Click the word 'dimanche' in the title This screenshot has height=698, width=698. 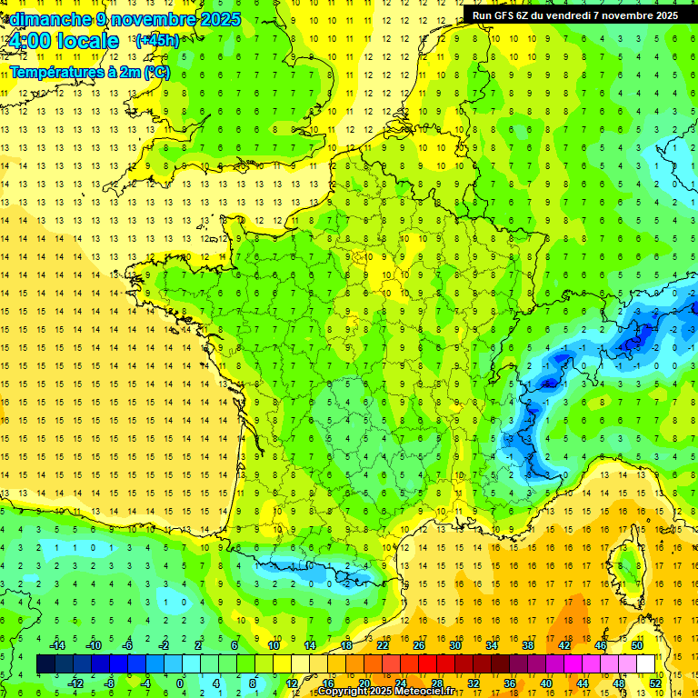tap(45, 19)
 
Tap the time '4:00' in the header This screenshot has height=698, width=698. tap(30, 41)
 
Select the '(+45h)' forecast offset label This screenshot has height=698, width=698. tap(156, 41)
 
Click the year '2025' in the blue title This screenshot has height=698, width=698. tap(220, 19)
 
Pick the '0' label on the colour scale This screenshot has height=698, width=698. tap(180, 683)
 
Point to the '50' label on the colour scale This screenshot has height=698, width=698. tap(637, 645)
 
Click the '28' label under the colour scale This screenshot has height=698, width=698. tap(437, 683)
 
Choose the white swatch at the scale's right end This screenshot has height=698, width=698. tap(646, 664)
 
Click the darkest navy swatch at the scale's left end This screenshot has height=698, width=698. tap(45, 664)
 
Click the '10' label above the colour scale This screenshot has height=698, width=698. tap(273, 645)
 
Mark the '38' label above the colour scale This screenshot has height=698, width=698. tap(528, 645)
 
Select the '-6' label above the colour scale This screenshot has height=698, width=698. tap(127, 645)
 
